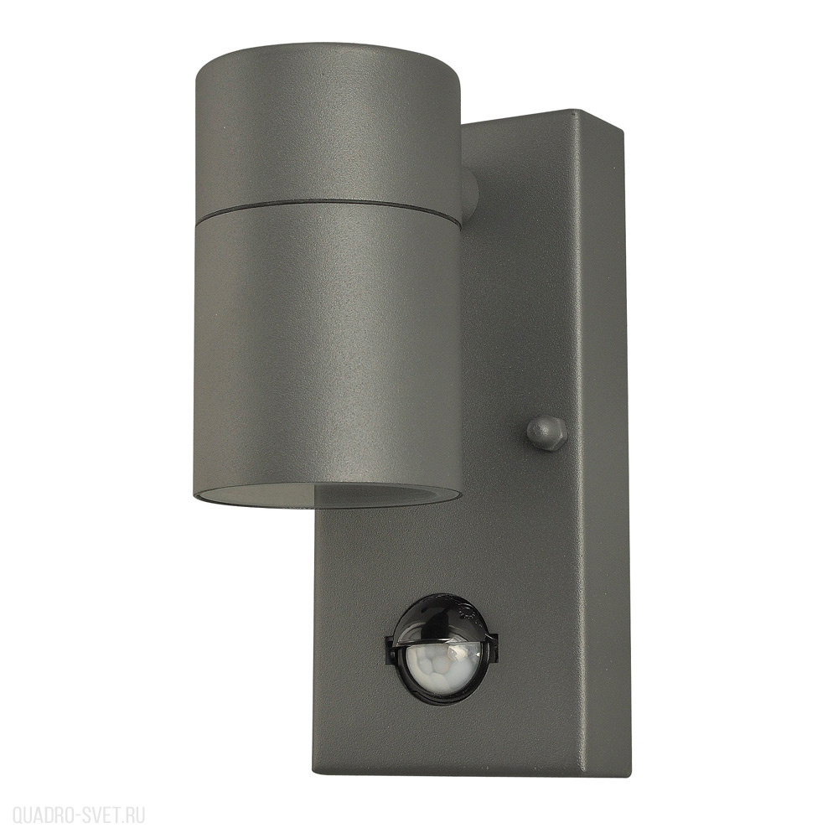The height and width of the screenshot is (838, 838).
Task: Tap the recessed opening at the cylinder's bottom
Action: [x=327, y=494]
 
